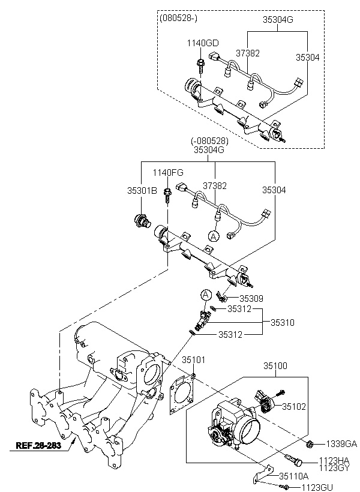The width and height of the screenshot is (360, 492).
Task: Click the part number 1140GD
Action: (203, 43)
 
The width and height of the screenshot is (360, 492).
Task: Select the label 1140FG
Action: (168, 172)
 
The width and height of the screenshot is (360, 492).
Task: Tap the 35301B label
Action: (142, 190)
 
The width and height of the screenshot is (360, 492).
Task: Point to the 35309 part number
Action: (251, 298)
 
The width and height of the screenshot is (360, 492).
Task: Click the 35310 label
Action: (283, 322)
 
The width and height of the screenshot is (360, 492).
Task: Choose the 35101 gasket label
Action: (193, 359)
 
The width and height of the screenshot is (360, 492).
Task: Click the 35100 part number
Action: (275, 365)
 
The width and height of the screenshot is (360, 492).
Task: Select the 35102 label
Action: (294, 406)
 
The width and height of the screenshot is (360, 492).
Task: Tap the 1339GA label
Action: (341, 443)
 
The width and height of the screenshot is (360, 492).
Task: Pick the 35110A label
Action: (294, 476)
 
